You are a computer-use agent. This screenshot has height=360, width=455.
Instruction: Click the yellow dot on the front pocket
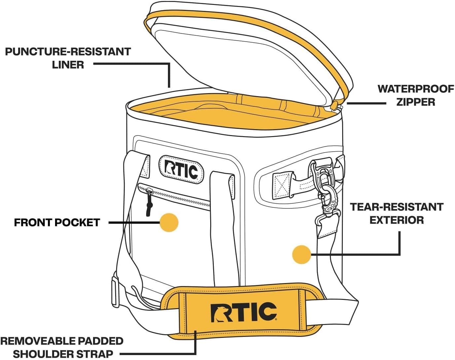pos(169,222)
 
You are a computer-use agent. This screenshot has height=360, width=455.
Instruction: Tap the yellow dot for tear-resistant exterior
pos(302,254)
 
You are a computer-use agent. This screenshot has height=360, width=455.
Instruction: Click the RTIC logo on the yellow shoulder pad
pos(244,312)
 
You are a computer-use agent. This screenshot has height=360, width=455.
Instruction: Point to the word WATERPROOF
pos(416,89)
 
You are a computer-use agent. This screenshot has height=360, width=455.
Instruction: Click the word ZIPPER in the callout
pos(416,102)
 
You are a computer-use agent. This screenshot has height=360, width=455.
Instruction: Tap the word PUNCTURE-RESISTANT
pos(68,52)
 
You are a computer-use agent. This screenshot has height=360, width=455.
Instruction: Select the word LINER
pos(68,65)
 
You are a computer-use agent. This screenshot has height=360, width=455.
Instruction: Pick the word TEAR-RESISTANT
pos(396,207)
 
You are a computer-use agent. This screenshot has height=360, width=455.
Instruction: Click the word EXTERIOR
pos(396,220)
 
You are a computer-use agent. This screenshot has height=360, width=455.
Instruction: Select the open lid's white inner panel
pos(244,59)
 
